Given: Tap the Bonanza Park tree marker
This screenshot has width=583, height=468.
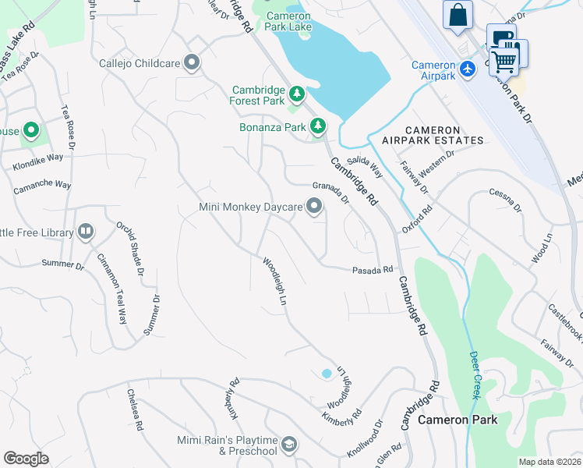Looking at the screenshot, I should [x=318, y=126].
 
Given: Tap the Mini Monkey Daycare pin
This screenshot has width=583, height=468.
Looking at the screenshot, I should [x=314, y=207].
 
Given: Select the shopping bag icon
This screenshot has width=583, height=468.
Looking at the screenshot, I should [x=458, y=16].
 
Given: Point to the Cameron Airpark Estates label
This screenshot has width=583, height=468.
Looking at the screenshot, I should [x=433, y=135].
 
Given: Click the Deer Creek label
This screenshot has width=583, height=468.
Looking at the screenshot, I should [x=475, y=375].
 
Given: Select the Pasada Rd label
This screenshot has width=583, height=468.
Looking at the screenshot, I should [x=373, y=269].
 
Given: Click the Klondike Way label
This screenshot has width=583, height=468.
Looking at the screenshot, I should [x=38, y=162].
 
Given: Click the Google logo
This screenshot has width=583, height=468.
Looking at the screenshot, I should [x=26, y=459].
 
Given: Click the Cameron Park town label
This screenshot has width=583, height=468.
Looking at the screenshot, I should [x=458, y=419].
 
